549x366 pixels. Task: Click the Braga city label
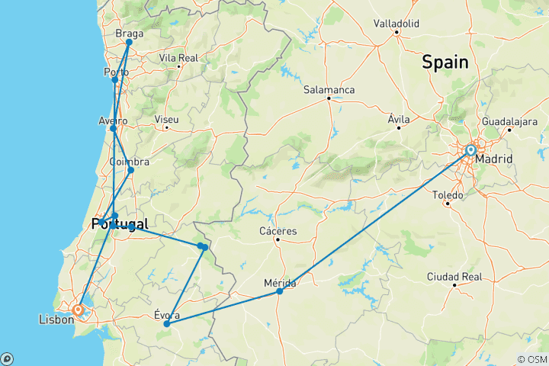click(x=129, y=34)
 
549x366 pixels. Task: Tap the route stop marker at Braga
click(x=129, y=42)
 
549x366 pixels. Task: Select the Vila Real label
click(x=178, y=58)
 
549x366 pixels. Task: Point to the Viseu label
click(x=166, y=120)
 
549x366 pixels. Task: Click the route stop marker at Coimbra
click(x=130, y=170)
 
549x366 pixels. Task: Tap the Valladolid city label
click(x=396, y=24)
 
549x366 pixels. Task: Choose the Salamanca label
click(x=329, y=89)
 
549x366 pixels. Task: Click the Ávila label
click(x=399, y=120)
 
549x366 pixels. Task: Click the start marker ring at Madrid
click(x=471, y=151)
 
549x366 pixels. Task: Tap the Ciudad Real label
click(x=454, y=275)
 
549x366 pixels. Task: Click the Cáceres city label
click(x=278, y=231)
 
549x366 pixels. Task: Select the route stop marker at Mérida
click(x=280, y=291)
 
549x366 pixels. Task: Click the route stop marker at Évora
click(x=166, y=324)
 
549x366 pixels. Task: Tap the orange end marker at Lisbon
click(x=78, y=310)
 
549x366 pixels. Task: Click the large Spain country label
click(x=445, y=63)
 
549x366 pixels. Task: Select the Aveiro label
click(x=113, y=120)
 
